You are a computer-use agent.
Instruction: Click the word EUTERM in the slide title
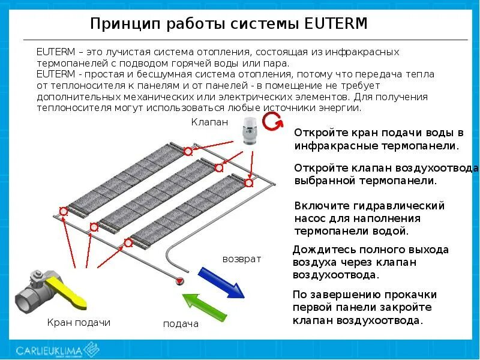click(x=336, y=24)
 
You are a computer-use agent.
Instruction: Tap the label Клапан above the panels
click(x=210, y=122)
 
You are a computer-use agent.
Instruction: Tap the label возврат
click(x=242, y=259)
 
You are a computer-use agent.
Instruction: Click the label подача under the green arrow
click(x=181, y=324)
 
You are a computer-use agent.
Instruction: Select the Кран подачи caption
click(x=79, y=322)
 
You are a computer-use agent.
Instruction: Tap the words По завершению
click(x=331, y=295)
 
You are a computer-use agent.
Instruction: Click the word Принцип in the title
click(x=122, y=24)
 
